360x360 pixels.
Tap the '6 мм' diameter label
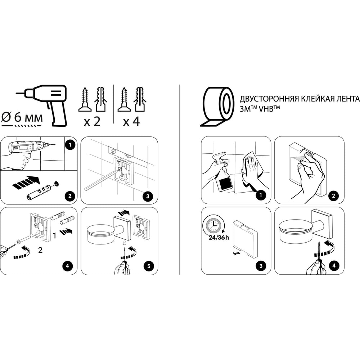click(x=28, y=117)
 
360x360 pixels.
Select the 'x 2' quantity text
click(x=92, y=121)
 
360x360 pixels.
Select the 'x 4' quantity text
click(x=131, y=121)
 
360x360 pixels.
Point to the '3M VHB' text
click(x=260, y=109)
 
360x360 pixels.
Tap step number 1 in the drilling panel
click(x=70, y=145)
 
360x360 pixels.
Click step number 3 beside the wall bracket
click(x=148, y=196)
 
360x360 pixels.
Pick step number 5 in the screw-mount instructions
click(x=149, y=266)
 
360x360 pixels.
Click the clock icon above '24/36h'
click(x=213, y=225)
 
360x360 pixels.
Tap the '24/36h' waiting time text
click(x=219, y=237)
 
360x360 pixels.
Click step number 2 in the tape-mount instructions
click(x=334, y=196)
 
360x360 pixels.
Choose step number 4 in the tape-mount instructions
click(x=334, y=266)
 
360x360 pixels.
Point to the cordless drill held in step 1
click(x=28, y=147)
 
